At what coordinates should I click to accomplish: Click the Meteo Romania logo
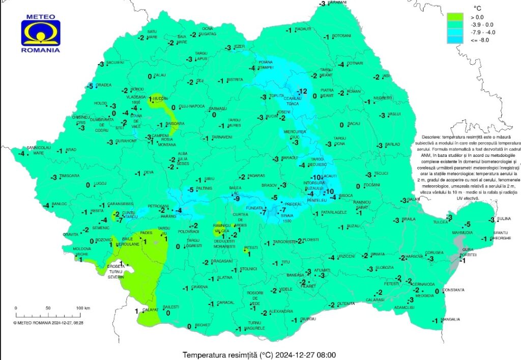coord(41,33)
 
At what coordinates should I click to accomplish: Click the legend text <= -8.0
coord(481,40)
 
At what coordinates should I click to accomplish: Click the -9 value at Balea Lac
coord(237,199)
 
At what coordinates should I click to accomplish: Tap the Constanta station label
coord(454,290)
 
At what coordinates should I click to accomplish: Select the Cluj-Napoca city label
coord(191,106)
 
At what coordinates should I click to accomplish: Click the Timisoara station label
coord(70,176)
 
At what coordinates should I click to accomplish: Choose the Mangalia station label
coord(451,320)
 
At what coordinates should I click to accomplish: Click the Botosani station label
coord(341,36)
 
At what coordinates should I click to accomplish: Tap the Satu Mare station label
coord(152,34)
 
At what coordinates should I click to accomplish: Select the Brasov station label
coord(269,185)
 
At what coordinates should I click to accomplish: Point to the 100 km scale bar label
coord(83,309)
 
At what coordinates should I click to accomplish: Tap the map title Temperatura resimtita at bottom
coord(259,354)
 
